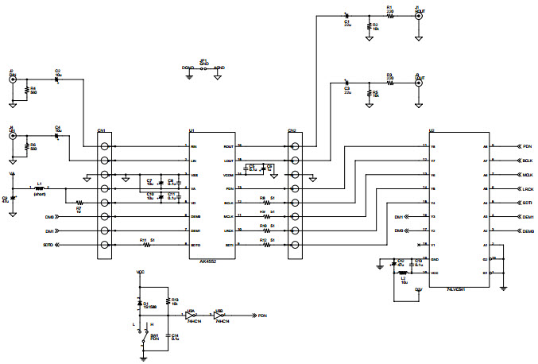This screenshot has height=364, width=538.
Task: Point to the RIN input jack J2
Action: (x=13, y=79)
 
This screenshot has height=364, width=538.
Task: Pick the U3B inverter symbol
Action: (x=220, y=316)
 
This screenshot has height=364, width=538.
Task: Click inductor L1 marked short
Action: (x=41, y=188)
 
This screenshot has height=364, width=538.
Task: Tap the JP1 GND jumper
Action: (x=203, y=68)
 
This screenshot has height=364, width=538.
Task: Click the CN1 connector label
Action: (x=101, y=130)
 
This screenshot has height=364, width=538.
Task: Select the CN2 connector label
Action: (x=292, y=130)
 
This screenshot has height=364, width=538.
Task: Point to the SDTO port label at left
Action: (x=48, y=245)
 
